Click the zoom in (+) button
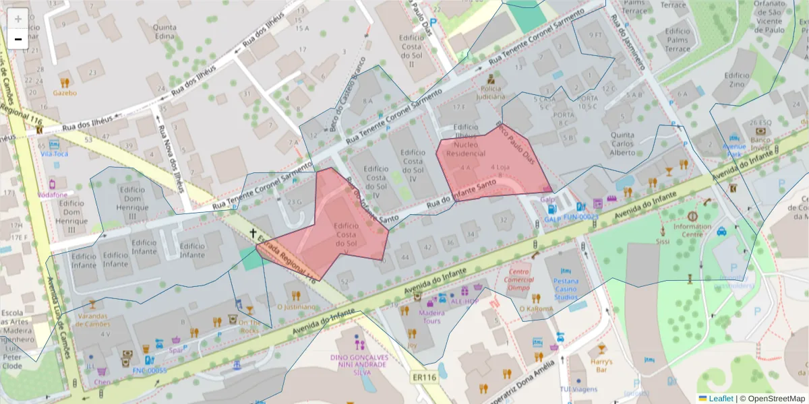pyautogui.click(x=18, y=18)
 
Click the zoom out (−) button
pyautogui.click(x=18, y=39)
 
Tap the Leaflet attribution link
pyautogui.click(x=721, y=399)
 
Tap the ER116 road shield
pyautogui.click(x=424, y=378)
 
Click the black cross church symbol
pyautogui.click(x=253, y=234)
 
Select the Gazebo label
pyautogui.click(x=65, y=93)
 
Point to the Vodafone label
pyautogui.click(x=53, y=195)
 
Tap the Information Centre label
pyautogui.click(x=692, y=231)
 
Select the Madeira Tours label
pyautogui.click(x=431, y=316)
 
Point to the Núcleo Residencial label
pyautogui.click(x=460, y=149)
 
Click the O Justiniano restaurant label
pyautogui.click(x=296, y=306)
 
